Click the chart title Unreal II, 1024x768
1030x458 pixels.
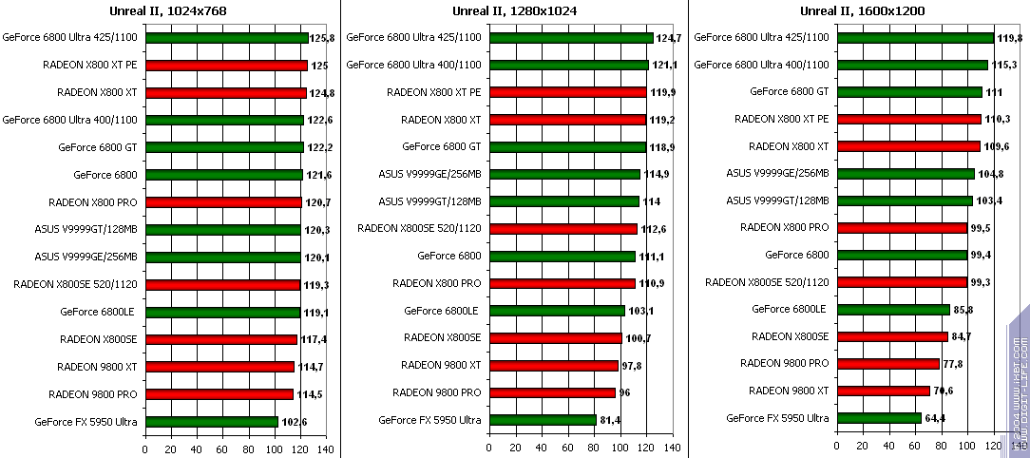click(168, 10)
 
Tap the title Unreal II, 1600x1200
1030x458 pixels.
click(862, 10)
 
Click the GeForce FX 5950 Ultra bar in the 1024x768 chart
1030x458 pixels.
click(212, 421)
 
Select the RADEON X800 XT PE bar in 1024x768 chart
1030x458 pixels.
click(226, 66)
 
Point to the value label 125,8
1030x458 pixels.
click(324, 38)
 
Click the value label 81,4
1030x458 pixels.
click(611, 420)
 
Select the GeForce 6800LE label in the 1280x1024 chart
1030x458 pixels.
click(442, 311)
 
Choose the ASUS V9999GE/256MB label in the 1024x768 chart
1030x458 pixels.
click(86, 257)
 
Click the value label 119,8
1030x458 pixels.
click(1008, 38)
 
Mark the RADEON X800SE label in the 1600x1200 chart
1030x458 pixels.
click(790, 336)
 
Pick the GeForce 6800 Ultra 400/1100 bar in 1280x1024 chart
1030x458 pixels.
click(568, 66)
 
